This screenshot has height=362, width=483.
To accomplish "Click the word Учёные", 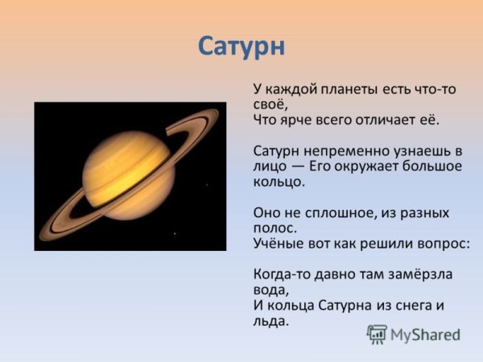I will (279, 243).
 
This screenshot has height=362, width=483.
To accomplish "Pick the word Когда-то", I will (283, 274).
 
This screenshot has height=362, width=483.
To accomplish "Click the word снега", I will (407, 305).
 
